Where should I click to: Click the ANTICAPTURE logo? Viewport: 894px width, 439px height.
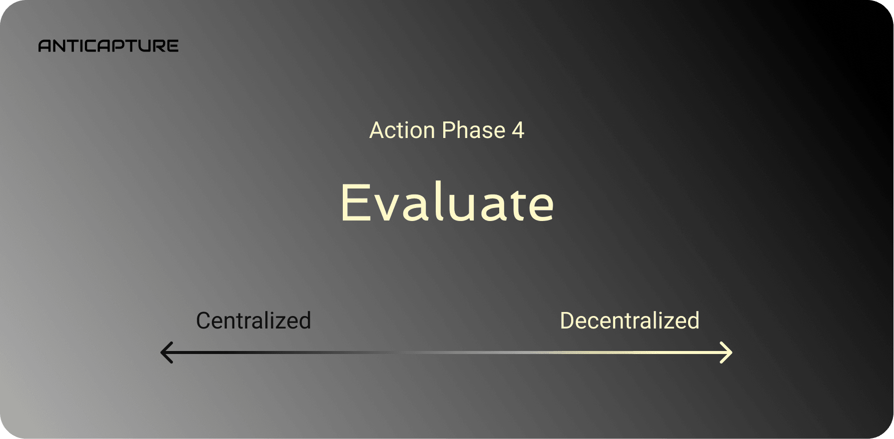(108, 46)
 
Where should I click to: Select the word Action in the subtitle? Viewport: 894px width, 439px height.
(402, 130)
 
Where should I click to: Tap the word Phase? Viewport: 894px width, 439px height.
(474, 130)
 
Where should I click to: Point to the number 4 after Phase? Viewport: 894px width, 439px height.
(518, 130)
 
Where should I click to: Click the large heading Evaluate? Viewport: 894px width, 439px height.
(447, 202)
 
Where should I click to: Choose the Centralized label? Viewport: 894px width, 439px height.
(253, 320)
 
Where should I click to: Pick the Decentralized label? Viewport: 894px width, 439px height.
(630, 320)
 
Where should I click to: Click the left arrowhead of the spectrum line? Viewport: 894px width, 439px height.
(166, 352)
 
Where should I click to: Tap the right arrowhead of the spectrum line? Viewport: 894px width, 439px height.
(726, 352)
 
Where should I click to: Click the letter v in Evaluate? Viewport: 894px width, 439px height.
(386, 206)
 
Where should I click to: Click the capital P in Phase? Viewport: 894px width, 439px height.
(449, 130)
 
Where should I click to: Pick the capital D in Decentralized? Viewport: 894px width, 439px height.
(568, 320)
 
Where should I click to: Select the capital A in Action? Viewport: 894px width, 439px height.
(377, 130)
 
